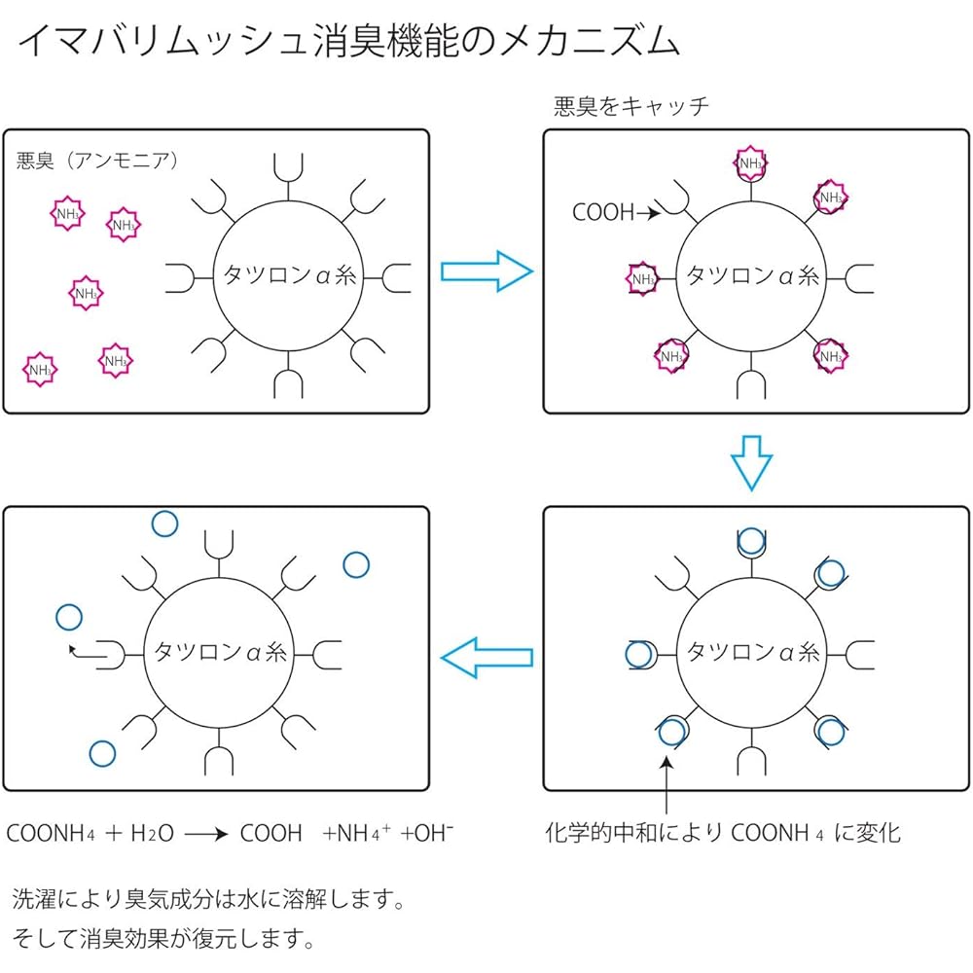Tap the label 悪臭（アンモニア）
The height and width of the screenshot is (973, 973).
pyautogui.click(x=97, y=161)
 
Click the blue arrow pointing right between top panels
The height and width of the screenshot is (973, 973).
pyautogui.click(x=486, y=271)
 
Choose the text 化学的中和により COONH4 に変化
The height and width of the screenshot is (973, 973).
pyautogui.click(x=722, y=833)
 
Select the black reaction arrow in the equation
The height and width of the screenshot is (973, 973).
pyautogui.click(x=208, y=835)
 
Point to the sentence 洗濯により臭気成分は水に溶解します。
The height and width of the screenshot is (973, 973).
pyautogui.click(x=207, y=898)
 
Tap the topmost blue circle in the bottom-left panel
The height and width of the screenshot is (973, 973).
pyautogui.click(x=165, y=523)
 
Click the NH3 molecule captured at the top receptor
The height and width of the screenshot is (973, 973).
pyautogui.click(x=751, y=163)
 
